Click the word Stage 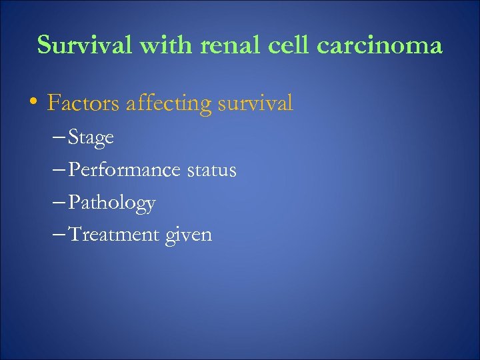point(91,138)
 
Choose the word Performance point(124,170)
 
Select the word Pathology point(112,203)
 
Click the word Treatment point(117,234)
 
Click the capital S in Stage point(73,138)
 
